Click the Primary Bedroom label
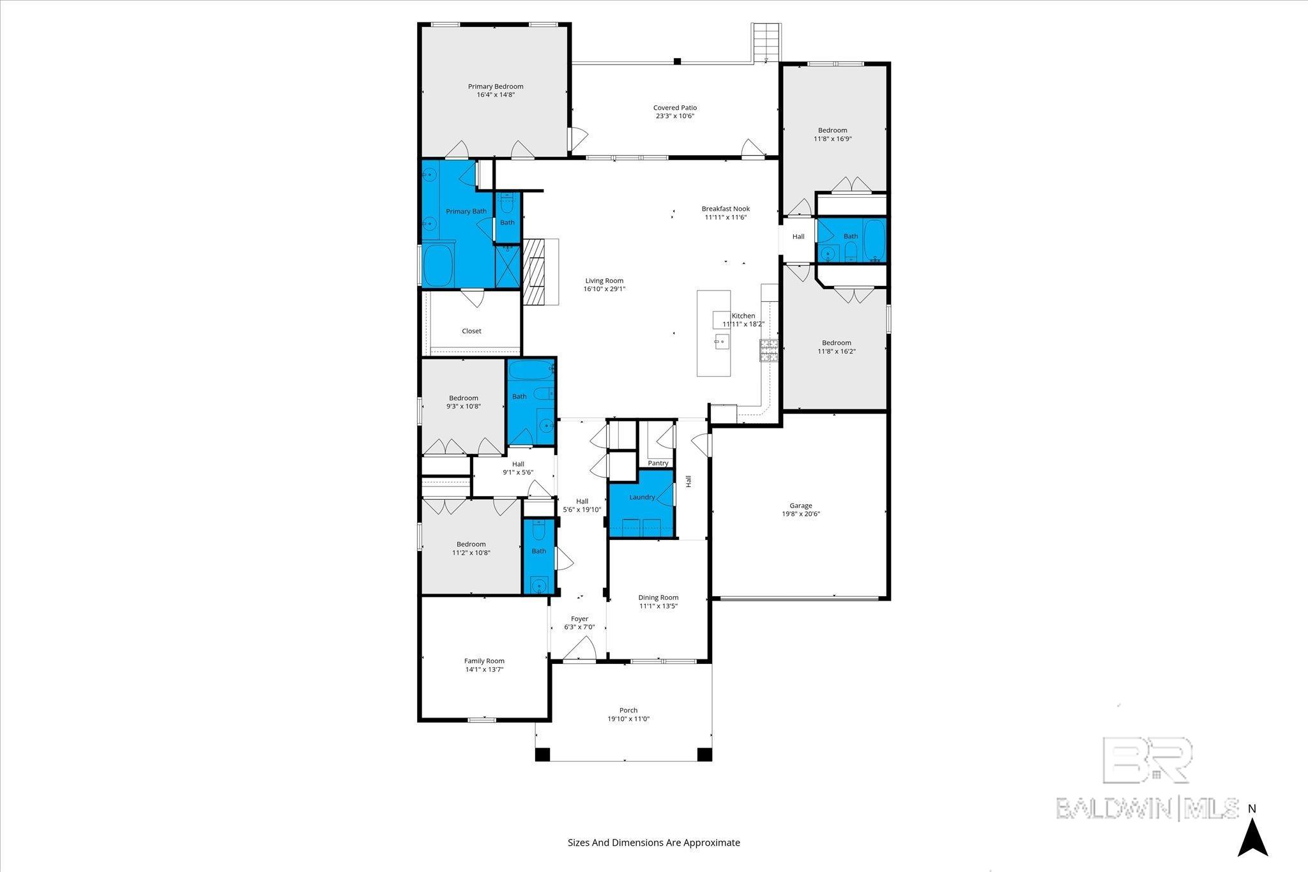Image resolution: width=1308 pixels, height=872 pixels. pos(496,87)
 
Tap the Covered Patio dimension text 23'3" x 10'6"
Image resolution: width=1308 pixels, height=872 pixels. pos(674,116)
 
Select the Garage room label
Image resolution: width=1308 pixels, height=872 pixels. pos(800,506)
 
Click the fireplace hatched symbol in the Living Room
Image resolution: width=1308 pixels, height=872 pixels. pos(533,273)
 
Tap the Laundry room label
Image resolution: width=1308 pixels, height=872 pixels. pos(642,497)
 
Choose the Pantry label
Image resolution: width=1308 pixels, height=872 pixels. pos(658,463)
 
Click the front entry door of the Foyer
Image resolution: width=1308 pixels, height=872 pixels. pos(580,652)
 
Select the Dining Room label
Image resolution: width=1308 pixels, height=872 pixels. pos(658,598)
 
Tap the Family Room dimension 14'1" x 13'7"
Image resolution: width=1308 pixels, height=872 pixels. pos(484,670)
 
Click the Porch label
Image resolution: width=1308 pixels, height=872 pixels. pos(628,710)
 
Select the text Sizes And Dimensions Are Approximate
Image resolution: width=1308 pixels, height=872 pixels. pos(654,843)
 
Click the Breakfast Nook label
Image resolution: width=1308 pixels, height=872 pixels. pos(726,209)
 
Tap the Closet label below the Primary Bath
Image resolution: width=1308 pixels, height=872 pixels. pos(471,331)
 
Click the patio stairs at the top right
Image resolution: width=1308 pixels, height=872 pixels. pos(766,41)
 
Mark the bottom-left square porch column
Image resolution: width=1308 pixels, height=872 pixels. pos(542,754)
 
